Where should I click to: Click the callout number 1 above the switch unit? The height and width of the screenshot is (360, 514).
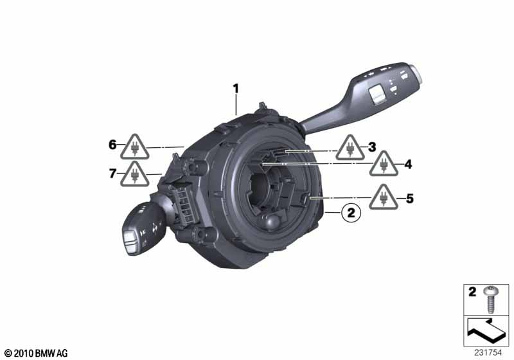click(236, 89)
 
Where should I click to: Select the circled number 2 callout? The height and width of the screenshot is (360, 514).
click(351, 213)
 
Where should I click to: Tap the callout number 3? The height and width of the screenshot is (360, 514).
click(372, 147)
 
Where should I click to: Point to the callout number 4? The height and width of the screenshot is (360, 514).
click(408, 164)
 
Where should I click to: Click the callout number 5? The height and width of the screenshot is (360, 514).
click(409, 199)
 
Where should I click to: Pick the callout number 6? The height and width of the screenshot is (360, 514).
click(112, 144)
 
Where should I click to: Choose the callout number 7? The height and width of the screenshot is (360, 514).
click(112, 173)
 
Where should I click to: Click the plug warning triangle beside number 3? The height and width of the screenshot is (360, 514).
click(350, 148)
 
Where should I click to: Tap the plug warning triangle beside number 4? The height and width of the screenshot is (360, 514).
click(384, 164)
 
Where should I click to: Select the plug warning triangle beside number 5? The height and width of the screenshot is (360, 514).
click(384, 197)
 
